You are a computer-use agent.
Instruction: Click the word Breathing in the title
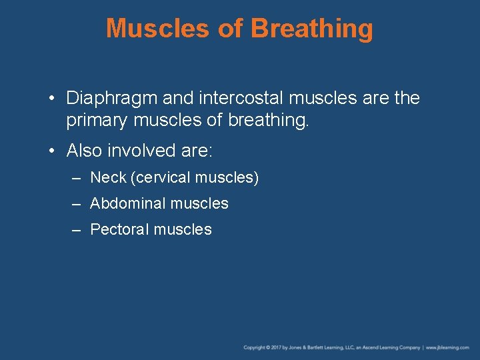(x=312, y=29)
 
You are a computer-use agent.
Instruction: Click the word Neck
(x=108, y=178)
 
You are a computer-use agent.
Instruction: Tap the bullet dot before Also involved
(x=52, y=151)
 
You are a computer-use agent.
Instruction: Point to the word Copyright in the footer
(x=254, y=347)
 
